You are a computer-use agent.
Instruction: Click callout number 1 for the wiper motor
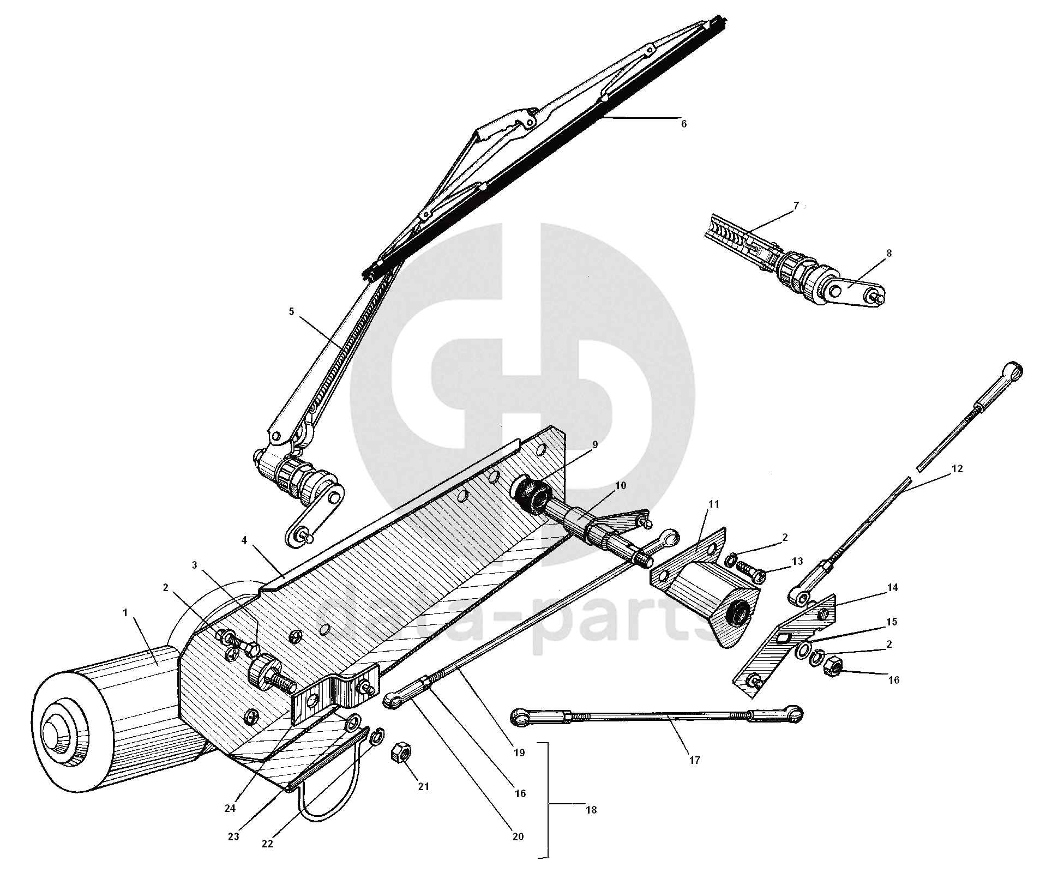pyautogui.click(x=125, y=613)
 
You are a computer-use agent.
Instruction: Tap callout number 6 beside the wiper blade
pyautogui.click(x=684, y=124)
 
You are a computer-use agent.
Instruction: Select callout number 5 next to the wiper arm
pyautogui.click(x=291, y=311)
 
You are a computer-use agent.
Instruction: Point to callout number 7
pyautogui.click(x=796, y=206)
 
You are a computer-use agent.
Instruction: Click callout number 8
pyautogui.click(x=888, y=254)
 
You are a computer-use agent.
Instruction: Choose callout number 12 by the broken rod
pyautogui.click(x=958, y=468)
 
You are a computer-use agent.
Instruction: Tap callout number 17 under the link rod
pyautogui.click(x=694, y=760)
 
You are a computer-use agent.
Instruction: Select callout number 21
pyautogui.click(x=424, y=786)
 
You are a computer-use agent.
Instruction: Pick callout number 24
pyautogui.click(x=230, y=809)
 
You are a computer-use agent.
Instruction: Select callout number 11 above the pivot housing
pyautogui.click(x=714, y=504)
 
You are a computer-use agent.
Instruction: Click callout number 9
pyautogui.click(x=594, y=445)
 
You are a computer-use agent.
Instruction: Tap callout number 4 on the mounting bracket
pyautogui.click(x=244, y=540)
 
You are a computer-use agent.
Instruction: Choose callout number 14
pyautogui.click(x=892, y=588)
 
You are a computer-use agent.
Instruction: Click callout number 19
pyautogui.click(x=519, y=753)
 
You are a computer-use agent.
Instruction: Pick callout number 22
pyautogui.click(x=267, y=844)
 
